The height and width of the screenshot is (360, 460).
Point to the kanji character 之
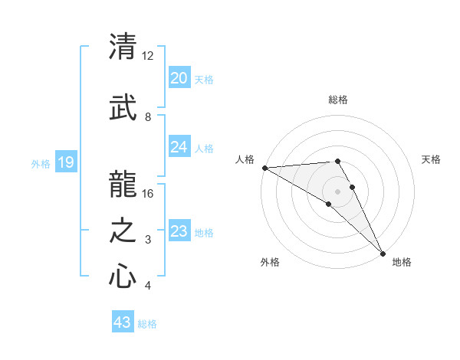point(123,230)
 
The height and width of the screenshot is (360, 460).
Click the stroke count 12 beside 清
point(148,56)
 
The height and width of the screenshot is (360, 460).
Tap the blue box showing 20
point(179,78)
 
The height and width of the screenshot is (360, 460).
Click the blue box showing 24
point(179,147)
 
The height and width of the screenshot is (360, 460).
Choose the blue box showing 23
point(179,231)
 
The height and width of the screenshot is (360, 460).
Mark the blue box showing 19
point(65,162)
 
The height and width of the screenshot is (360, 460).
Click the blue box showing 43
point(122,322)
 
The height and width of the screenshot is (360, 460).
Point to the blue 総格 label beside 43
point(147,324)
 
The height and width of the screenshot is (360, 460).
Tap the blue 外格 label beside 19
point(41,163)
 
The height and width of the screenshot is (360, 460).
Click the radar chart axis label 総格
point(338,100)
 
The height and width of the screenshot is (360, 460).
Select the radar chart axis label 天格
point(431,159)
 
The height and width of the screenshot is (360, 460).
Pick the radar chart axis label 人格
point(245,159)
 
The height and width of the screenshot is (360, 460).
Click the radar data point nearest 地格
point(383,253)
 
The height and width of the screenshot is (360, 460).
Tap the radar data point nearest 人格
point(264,168)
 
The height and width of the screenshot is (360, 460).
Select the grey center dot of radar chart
point(337,191)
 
